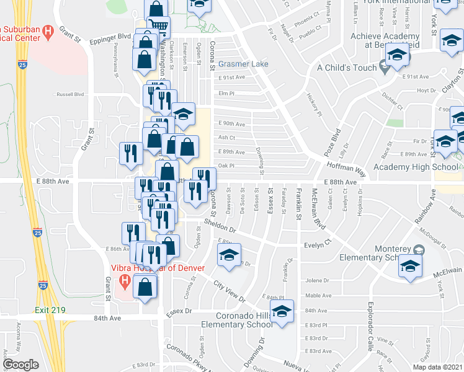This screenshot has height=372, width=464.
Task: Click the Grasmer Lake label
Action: [243, 64]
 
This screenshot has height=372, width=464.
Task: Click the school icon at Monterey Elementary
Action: [409, 267]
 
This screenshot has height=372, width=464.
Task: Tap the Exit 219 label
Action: [50, 309]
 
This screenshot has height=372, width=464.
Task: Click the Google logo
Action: [20, 365]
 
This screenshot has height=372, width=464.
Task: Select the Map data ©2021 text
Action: [437, 366]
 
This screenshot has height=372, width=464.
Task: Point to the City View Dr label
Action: [230, 290]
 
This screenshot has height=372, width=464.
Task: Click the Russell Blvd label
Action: [70, 95]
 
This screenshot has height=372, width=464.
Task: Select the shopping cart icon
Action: [159, 26]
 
